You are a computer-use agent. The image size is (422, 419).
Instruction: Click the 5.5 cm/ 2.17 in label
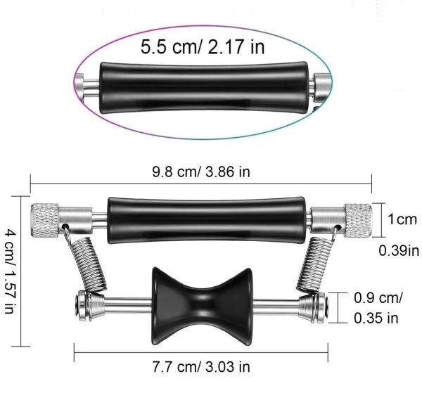pyautogui.click(x=203, y=47)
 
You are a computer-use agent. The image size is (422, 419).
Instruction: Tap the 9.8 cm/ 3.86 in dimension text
pyautogui.click(x=201, y=172)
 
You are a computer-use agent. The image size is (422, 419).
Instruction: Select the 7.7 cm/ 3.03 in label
pyautogui.click(x=201, y=366)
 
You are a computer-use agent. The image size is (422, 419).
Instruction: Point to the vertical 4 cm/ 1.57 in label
pyautogui.click(x=10, y=271)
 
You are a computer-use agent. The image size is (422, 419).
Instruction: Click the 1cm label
pyautogui.click(x=402, y=219)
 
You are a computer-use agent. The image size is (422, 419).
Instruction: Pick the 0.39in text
pyautogui.click(x=399, y=251)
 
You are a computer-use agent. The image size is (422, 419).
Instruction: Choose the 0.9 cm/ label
pyautogui.click(x=378, y=297)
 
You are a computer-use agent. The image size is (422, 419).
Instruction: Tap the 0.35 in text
pyautogui.click(x=376, y=318)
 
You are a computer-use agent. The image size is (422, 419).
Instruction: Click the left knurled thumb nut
pyautogui.click(x=45, y=220)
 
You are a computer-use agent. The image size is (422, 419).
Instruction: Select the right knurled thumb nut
pyautogui.click(x=359, y=221)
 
